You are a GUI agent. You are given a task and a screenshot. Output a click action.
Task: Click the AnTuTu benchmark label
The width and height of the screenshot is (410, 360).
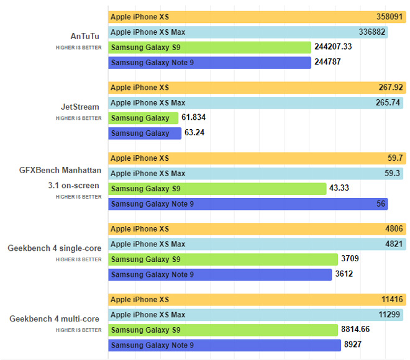85,36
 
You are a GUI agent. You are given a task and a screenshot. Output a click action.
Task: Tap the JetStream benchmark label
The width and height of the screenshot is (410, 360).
84,107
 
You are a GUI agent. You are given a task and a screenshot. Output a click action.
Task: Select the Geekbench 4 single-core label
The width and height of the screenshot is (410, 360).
55,248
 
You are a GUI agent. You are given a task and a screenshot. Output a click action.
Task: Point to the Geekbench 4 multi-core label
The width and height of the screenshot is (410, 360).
55,319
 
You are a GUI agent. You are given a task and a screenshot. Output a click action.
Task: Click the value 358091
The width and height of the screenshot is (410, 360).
389,17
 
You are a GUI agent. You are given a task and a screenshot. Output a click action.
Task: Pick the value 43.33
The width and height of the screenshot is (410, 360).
342,189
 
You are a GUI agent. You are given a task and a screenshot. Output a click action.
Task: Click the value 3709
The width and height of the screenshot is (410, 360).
350,259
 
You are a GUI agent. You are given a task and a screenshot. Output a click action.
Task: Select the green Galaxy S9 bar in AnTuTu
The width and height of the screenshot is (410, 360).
209,47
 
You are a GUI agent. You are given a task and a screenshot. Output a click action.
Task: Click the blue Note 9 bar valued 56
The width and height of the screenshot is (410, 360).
247,204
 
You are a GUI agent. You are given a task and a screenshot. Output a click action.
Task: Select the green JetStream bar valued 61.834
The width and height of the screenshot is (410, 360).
143,118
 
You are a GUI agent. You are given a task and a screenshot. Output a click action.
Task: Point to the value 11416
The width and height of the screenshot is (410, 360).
391,300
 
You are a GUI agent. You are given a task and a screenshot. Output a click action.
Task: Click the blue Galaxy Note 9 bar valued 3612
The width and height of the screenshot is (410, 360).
220,274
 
